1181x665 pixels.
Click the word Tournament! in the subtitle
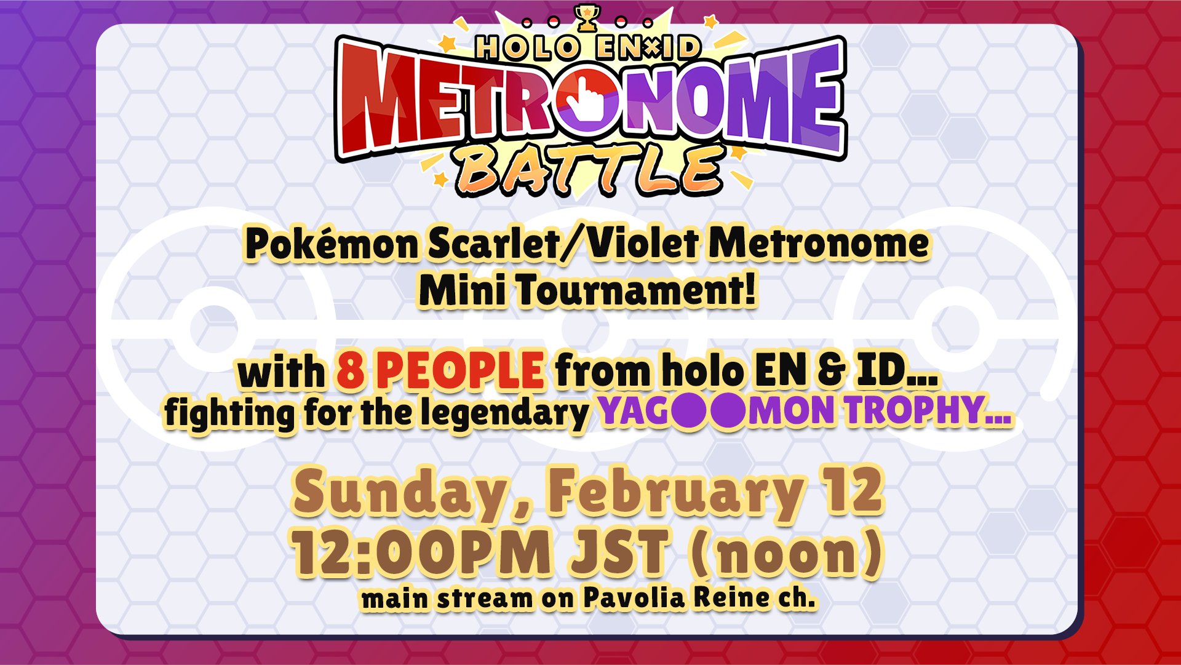[636, 290]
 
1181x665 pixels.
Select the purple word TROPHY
[928, 411]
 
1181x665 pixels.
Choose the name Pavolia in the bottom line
[634, 597]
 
